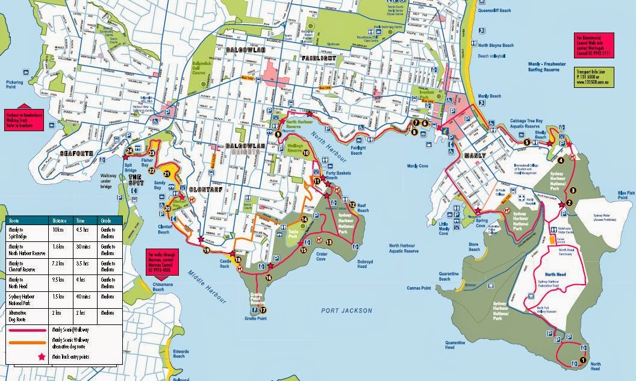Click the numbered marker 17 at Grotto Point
263,310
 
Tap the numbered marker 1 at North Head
582,360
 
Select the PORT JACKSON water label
342,311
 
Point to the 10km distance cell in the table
60,229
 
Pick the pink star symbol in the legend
42,357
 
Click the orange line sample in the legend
28,344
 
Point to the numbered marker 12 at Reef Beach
352,205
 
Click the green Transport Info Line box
593,76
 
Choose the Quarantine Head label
455,345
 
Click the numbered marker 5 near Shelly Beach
526,142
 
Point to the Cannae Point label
419,288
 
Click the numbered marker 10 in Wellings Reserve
306,153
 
